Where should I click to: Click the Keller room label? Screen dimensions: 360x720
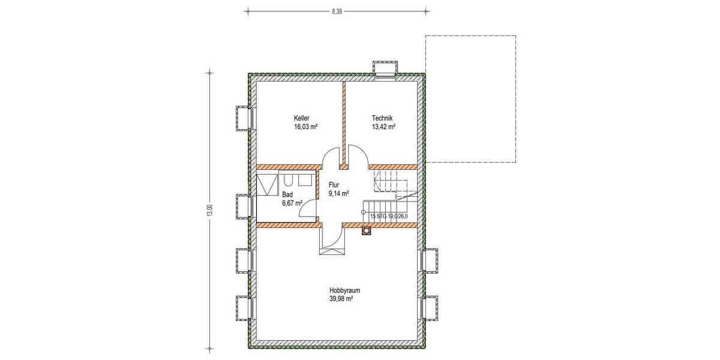pos(301,118)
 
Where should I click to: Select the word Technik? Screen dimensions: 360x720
pos(382,118)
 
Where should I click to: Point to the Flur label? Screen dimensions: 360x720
pos(334,185)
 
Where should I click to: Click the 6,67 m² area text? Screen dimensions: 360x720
pos(292,203)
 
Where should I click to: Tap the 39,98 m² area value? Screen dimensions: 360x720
pos(340,298)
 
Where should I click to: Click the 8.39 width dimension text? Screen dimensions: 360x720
pos(336,10)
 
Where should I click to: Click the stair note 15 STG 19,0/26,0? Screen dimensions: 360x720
pos(389,216)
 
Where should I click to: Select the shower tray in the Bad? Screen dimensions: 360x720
pos(266,185)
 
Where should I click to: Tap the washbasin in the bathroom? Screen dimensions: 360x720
pos(305,181)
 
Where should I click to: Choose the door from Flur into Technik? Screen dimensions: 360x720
pos(357,157)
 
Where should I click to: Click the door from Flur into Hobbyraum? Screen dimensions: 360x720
pos(332,238)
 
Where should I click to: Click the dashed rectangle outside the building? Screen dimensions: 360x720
pos(470,99)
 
